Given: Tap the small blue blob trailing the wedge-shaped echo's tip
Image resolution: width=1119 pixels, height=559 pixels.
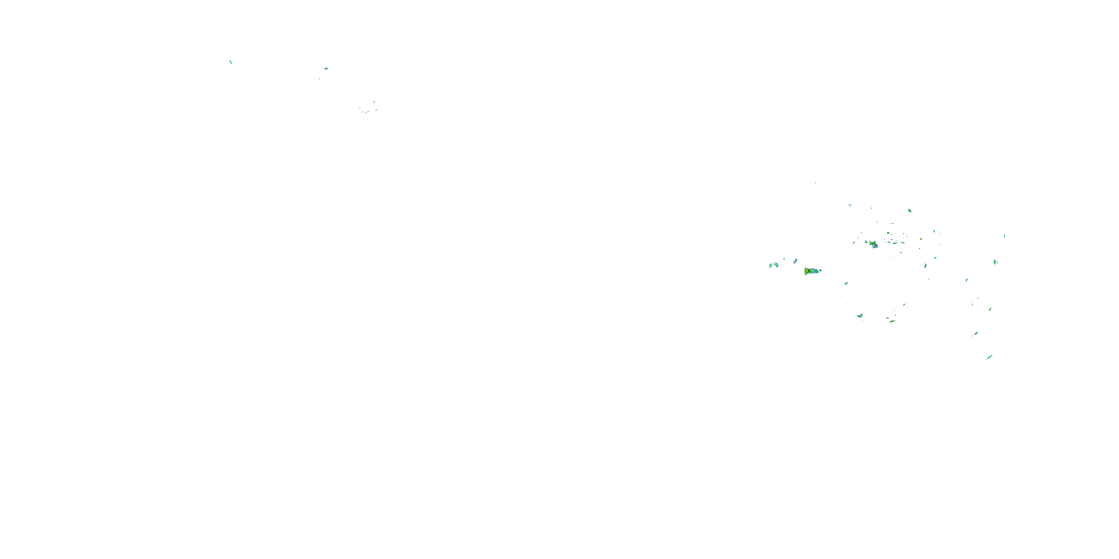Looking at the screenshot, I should point(820,271).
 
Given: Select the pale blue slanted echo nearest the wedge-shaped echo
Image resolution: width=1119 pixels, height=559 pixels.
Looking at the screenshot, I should point(795,261).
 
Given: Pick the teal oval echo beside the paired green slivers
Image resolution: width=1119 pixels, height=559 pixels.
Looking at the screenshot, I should point(776,265).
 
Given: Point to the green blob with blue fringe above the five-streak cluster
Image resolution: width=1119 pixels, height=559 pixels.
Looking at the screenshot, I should point(326,68).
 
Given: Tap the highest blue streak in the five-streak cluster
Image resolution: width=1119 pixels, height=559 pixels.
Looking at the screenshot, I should point(374,102).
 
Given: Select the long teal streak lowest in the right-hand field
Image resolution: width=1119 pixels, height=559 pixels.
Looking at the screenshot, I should point(989,357).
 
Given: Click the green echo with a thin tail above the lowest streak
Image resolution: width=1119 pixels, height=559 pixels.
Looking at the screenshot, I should point(975,334).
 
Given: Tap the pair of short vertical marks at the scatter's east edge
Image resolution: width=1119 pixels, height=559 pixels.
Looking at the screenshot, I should point(995,262).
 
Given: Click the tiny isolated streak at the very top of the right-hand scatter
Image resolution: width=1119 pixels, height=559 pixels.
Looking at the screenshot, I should point(815,183).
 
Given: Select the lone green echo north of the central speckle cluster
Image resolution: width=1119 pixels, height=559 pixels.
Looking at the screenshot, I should point(909,211).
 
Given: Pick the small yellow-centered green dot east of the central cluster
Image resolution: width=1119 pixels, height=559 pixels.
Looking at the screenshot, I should point(921,239).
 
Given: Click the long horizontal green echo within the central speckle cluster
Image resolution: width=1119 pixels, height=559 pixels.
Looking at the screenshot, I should point(895,243).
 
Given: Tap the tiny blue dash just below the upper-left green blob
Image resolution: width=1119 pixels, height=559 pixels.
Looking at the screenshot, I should point(319,79).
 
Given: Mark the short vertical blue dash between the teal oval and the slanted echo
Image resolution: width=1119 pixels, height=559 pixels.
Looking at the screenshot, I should point(784,259).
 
